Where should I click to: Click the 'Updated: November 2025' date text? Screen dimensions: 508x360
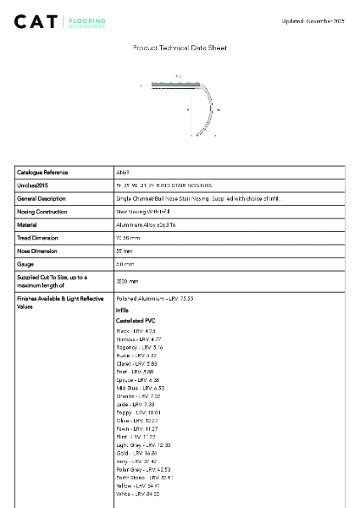tap(313, 20)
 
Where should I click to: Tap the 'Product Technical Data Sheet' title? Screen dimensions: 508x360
tap(180, 48)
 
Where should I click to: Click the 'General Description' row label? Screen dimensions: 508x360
tap(42, 198)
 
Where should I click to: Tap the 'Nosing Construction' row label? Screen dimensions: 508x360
tap(42, 212)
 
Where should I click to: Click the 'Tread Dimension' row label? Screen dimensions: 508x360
tap(38, 238)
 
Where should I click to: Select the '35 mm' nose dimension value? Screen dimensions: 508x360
tap(125, 251)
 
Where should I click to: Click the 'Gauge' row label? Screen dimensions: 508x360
tap(25, 264)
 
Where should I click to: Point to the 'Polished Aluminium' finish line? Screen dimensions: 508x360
tap(154, 299)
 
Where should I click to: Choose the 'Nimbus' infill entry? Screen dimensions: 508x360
tap(138, 339)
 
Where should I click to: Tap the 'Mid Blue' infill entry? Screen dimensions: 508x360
tap(140, 388)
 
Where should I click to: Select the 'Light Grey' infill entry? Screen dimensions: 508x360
tap(143, 444)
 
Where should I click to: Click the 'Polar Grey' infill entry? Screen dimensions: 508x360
tap(143, 469)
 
